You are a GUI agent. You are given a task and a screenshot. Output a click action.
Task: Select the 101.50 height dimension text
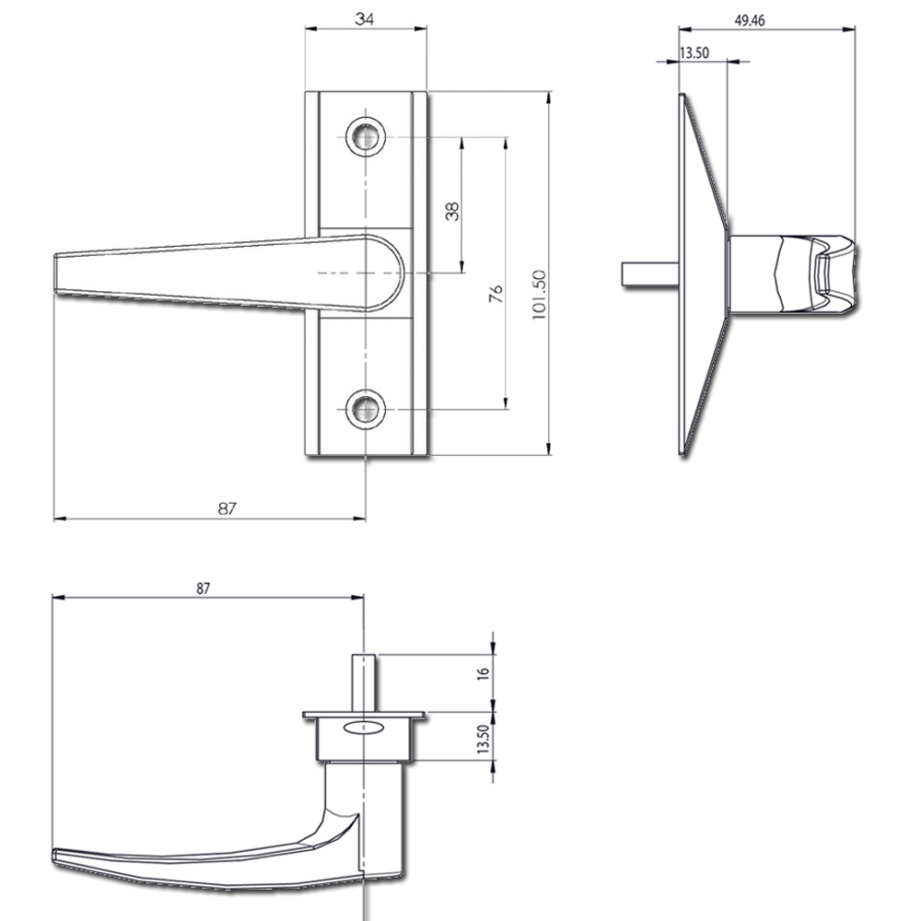(540, 294)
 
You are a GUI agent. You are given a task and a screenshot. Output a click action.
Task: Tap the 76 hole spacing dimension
(495, 295)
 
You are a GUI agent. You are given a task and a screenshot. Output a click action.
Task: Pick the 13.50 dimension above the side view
(693, 52)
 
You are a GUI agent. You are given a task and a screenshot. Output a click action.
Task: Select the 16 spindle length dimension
(483, 672)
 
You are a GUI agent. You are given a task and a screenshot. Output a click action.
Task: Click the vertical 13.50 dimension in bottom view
(483, 740)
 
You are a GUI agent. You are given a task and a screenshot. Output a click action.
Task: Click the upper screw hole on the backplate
(367, 137)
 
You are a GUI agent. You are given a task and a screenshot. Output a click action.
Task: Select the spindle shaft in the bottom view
(366, 682)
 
